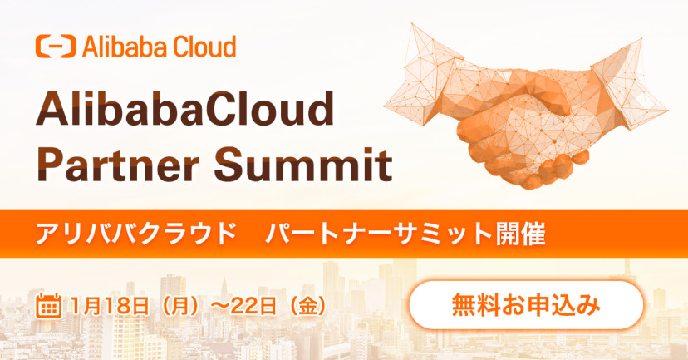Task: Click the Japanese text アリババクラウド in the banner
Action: [135, 234]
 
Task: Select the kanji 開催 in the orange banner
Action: [521, 234]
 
